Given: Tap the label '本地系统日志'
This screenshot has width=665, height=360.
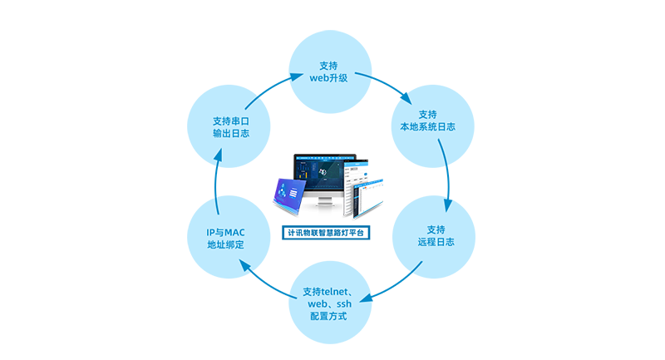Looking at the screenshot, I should (x=427, y=126).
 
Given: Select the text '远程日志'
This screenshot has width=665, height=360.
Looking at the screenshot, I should (x=436, y=242).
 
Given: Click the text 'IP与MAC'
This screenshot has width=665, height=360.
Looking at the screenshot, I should (x=225, y=231).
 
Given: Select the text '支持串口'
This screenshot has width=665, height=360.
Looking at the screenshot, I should (x=231, y=121).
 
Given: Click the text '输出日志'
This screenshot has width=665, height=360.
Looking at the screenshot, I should (x=231, y=134).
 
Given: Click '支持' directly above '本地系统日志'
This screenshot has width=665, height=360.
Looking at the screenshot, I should (x=427, y=113).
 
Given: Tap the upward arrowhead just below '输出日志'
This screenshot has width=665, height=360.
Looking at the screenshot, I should (x=218, y=154).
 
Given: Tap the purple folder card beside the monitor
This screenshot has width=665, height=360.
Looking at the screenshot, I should (x=280, y=186).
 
